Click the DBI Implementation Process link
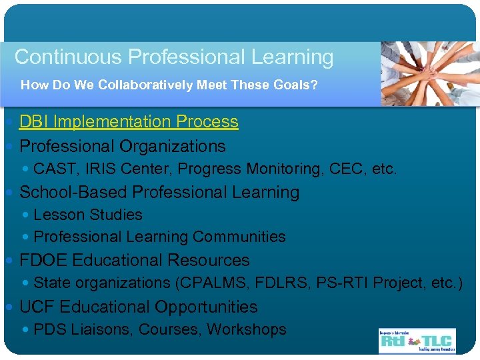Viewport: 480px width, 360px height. (129, 122)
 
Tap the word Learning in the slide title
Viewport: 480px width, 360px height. (292, 57)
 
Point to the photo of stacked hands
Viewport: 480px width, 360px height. (429, 73)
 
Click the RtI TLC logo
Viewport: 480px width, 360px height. (417, 340)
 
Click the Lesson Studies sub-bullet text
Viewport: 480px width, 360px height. (87, 215)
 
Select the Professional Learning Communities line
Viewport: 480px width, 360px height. (159, 237)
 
